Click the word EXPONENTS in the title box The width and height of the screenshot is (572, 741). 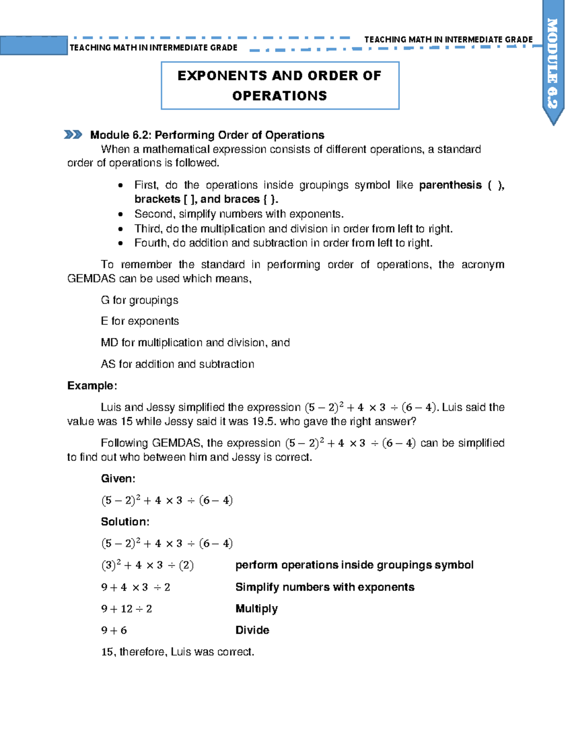221,76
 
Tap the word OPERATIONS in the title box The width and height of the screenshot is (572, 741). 279,96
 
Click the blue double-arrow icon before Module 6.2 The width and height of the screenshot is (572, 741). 73,135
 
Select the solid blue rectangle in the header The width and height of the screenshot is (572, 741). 33,46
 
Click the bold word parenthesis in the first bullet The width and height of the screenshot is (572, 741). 450,185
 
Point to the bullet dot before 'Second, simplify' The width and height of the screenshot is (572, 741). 121,215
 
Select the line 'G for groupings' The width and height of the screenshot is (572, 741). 139,300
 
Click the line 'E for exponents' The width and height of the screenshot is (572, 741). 140,321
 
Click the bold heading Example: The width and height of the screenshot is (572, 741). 92,386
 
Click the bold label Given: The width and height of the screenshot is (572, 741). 118,479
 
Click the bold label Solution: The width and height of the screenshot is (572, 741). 125,522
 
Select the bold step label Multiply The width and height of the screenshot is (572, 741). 256,609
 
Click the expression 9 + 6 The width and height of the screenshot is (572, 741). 114,630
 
